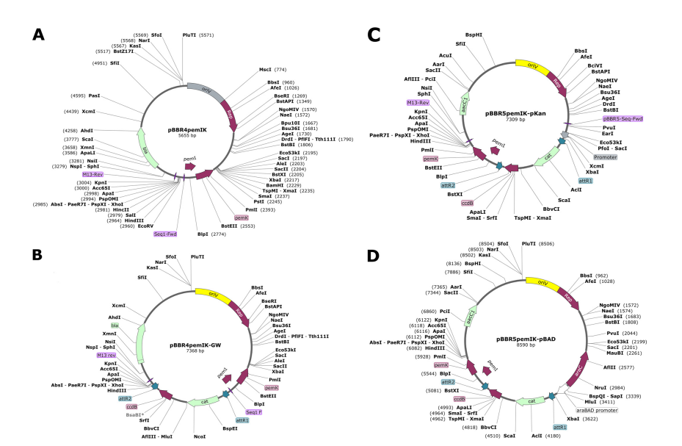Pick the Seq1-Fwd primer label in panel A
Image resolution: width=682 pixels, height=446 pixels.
point(166,234)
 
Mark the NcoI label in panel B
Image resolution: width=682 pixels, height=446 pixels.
point(200,436)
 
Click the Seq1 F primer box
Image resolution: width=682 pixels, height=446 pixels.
point(255,412)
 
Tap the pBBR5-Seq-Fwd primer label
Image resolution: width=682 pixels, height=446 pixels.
point(623,118)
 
